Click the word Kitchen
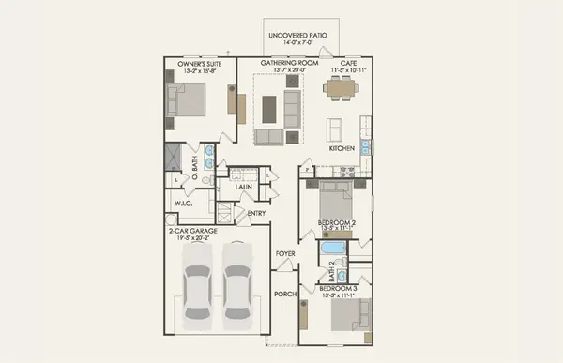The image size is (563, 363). (341, 149)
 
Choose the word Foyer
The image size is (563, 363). (286, 254)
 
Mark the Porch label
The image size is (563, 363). (286, 294)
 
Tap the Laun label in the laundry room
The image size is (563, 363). (244, 187)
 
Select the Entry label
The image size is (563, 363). (255, 213)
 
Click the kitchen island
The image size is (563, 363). (334, 129)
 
